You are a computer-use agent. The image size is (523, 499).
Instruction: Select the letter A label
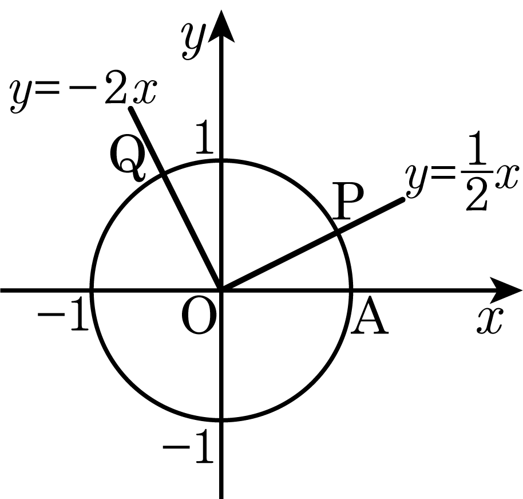point(369,316)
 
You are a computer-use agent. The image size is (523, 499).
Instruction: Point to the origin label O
point(197,316)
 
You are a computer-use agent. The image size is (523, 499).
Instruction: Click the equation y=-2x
point(83,93)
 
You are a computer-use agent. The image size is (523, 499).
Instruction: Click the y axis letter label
point(192,41)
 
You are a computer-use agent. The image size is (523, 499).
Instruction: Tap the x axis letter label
point(489,321)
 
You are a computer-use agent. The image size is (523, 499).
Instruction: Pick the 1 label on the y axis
point(204,137)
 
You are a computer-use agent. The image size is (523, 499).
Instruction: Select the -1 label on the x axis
point(63,315)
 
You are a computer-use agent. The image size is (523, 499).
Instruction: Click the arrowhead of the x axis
point(506,290)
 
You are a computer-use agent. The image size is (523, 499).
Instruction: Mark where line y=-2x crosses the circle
point(163,174)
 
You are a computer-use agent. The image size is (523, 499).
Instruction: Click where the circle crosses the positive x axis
point(351,290)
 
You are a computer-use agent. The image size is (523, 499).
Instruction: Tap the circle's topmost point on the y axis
point(221,161)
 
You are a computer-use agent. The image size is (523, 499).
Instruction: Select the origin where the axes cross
point(221,290)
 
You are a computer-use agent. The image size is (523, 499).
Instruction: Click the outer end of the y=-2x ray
point(131,108)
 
